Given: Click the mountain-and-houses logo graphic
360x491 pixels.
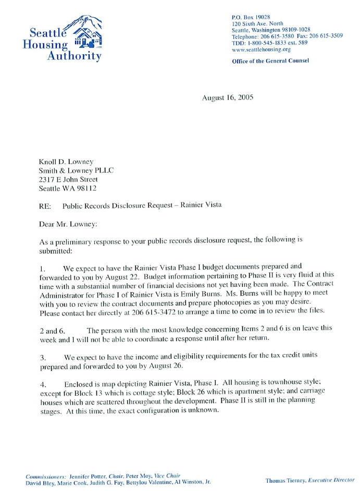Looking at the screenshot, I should [x=86, y=32].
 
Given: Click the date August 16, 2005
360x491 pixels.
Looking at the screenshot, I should [x=227, y=98].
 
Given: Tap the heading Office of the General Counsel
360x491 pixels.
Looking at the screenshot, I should [x=270, y=61].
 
